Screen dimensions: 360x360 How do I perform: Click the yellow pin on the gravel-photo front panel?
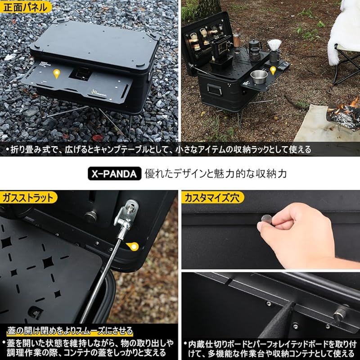57,74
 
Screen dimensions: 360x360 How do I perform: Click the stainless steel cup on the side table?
257,76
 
